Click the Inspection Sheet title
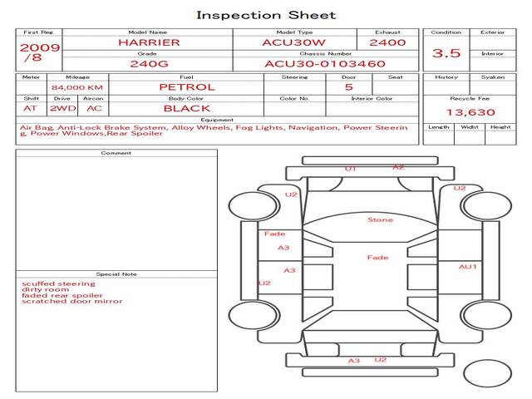coord(266,15)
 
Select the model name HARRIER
coord(147,42)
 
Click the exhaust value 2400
coord(387,42)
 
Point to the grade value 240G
coord(147,63)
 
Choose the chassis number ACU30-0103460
coord(325,63)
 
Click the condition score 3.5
coord(446,53)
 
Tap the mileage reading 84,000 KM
coord(76,87)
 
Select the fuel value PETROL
coord(186,86)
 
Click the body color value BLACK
coord(186,108)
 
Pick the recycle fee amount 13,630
coord(465,112)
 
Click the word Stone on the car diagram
coord(381,220)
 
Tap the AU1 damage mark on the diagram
coord(468,267)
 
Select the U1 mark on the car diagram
coord(351,169)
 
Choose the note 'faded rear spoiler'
coord(62,295)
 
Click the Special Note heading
coord(116,274)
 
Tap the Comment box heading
coord(116,153)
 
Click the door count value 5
coord(348,86)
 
